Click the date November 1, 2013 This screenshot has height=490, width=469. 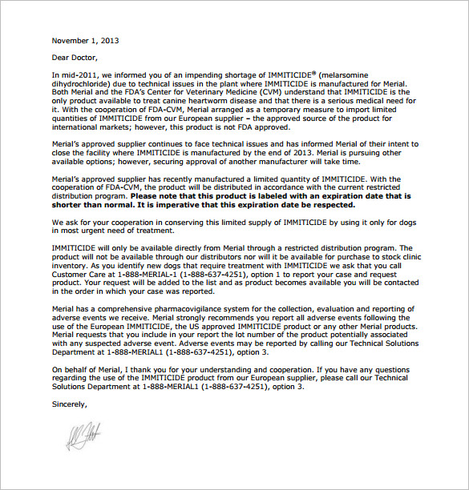(84, 39)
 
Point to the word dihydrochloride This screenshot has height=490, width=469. (79, 82)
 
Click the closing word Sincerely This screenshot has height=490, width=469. (70, 404)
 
